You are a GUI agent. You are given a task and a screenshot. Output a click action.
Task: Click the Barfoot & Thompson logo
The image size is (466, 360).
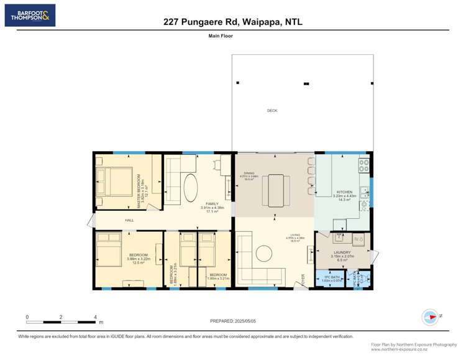[30, 15]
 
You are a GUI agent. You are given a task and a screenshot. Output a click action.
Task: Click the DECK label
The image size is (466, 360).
[272, 111]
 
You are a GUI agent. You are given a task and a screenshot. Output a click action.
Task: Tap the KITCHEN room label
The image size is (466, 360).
[344, 192]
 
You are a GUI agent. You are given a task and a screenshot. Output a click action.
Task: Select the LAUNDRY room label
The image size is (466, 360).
[342, 252]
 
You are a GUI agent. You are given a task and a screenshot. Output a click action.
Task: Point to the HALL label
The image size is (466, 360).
[129, 220]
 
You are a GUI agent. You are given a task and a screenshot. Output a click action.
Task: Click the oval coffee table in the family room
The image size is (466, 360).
[191, 188]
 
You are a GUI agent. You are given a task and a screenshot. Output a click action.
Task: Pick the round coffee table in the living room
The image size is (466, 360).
[263, 253]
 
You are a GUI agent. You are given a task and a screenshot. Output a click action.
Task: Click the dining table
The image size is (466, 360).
[274, 190]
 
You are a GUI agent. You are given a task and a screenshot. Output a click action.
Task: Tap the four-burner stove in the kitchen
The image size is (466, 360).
[363, 165]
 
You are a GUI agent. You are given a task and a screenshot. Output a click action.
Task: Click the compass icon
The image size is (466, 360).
[430, 316]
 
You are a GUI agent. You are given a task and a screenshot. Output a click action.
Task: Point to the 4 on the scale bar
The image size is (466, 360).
[95, 316]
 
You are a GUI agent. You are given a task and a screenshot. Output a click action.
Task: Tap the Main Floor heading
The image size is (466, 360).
[221, 36]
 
